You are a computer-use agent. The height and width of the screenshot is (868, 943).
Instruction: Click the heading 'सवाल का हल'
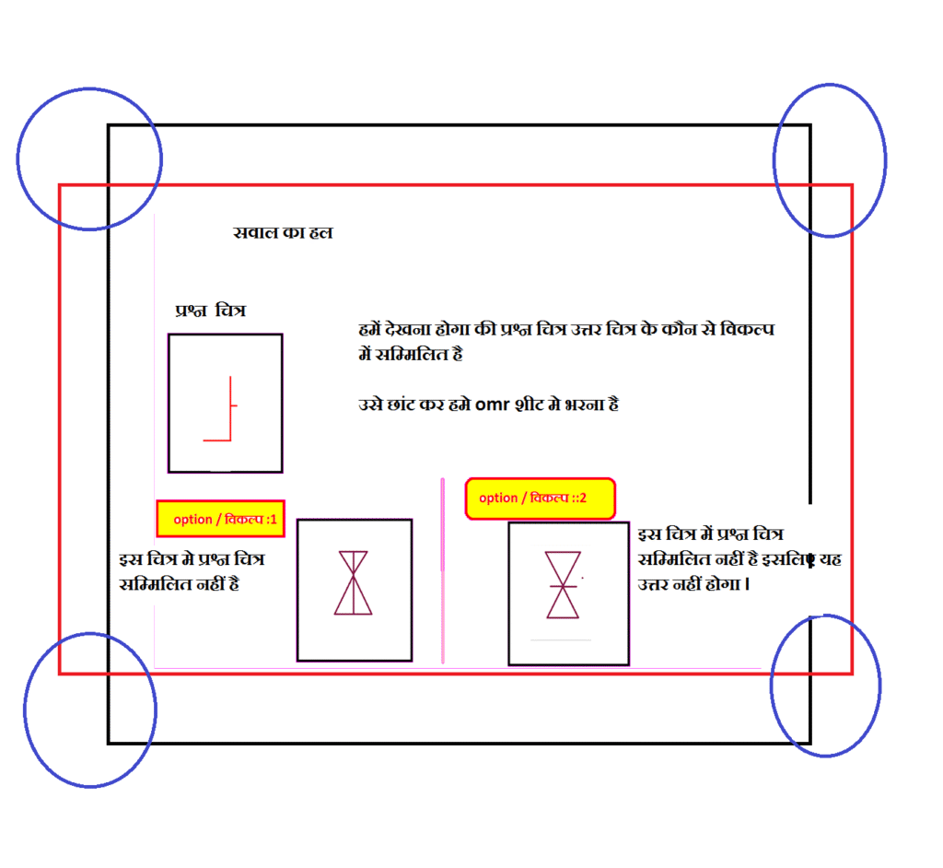coord(283,232)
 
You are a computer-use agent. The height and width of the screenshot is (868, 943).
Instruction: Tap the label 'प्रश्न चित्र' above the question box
coord(211,311)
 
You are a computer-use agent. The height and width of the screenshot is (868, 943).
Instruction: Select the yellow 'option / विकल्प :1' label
coord(221,519)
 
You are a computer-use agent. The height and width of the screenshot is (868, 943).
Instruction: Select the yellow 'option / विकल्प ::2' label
coord(540,499)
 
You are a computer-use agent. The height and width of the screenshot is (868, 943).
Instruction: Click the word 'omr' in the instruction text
coord(492,405)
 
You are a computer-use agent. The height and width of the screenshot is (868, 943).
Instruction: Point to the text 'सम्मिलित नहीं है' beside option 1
coord(180,584)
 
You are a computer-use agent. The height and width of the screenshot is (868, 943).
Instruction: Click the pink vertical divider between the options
coord(443,570)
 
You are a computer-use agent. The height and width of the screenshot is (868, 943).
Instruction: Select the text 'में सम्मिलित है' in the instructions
coord(411,354)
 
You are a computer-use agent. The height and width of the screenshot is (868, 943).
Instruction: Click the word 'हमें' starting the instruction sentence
coord(370,329)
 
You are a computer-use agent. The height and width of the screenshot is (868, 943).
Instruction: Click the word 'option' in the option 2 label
coord(498,499)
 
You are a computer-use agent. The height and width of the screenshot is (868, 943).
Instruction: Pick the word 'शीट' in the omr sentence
coord(530,404)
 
